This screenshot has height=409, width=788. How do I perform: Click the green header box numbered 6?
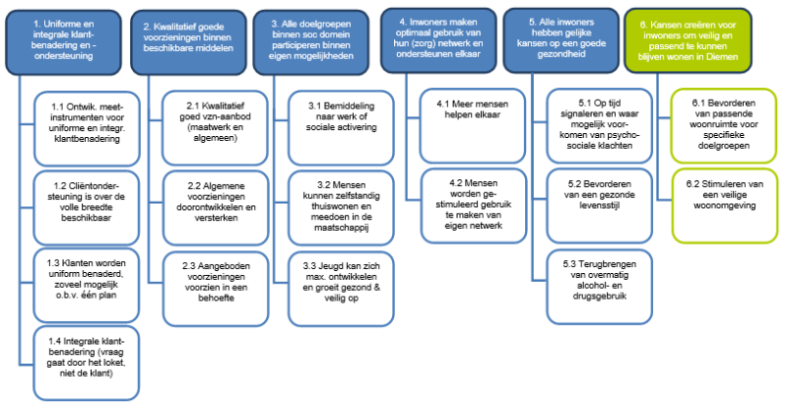coord(688,41)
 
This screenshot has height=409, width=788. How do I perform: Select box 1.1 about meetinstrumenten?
coord(87,129)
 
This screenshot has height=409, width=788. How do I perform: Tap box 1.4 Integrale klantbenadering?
coord(87,364)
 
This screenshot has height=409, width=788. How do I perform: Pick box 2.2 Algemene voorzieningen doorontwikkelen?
coord(216,208)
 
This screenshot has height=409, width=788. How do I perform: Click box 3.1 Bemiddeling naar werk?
coord(341,128)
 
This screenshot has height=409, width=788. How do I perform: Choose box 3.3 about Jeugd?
coord(341,289)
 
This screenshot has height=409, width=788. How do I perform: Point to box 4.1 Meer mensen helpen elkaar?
coord(473,126)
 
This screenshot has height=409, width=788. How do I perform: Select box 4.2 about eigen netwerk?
coord(474,206)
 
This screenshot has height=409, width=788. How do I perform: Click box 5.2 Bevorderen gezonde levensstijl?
coord(600,206)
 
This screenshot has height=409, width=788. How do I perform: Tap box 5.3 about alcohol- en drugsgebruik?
coord(600,287)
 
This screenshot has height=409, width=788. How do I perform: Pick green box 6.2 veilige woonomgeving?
coord(725,206)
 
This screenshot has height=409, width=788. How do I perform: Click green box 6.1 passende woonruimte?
coord(724,126)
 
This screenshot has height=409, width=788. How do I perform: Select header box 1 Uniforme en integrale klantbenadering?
coord(63,42)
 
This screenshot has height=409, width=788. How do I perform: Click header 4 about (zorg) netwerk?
coord(438,40)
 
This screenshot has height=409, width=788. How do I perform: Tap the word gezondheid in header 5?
coord(561,54)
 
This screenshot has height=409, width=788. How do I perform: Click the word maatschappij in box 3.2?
coord(341,228)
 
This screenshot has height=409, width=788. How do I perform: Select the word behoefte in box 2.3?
coord(216,298)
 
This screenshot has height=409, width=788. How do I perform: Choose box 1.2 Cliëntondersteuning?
coord(87,208)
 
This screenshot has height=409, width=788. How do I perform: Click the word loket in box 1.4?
coord(114,363)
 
